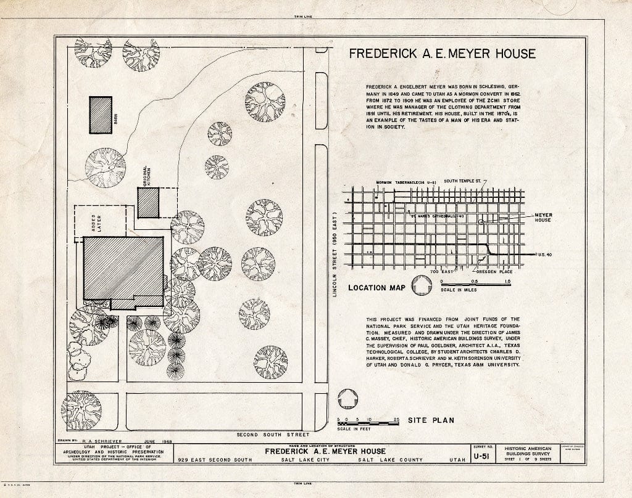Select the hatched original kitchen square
[x=149, y=203]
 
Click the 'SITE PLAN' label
[x=430, y=420]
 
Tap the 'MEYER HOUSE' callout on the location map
[x=543, y=217]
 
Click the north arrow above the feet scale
[x=348, y=399]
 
